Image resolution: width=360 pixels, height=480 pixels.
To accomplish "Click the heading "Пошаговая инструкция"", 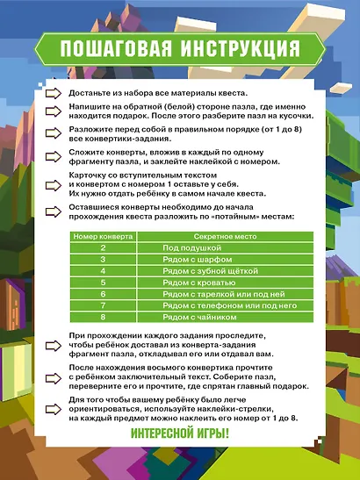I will pyautogui.click(x=179, y=46).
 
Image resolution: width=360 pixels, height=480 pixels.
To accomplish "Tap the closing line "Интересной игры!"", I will pyautogui.click(x=179, y=433).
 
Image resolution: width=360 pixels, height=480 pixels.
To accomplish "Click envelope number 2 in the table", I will pyautogui.click(x=103, y=248).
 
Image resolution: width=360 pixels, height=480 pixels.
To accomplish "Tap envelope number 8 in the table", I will pyautogui.click(x=103, y=317).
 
